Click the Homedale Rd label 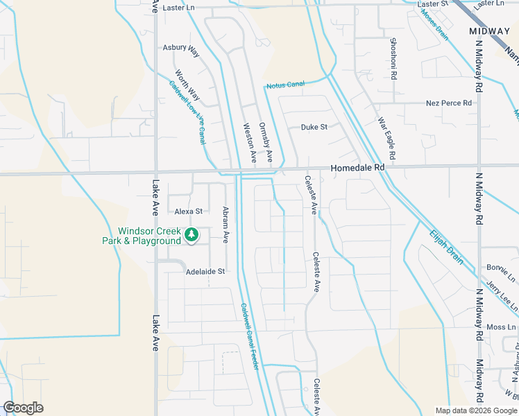point(357,168)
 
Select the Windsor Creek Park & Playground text point(149,236)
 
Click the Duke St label point(314,127)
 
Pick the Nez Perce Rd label point(448,103)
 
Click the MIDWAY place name point(489,32)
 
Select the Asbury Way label point(180,48)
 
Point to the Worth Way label point(187,85)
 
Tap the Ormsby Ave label point(266,143)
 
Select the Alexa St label point(188,211)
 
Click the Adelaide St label point(205,272)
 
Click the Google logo point(23,408)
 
